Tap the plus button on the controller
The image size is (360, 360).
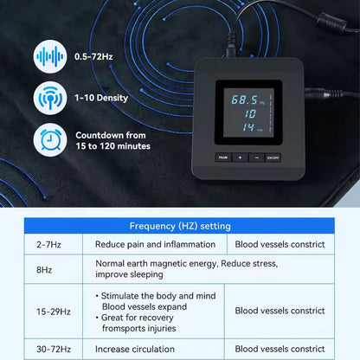(240, 157)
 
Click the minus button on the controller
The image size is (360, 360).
(257, 157)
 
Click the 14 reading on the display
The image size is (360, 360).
(247, 128)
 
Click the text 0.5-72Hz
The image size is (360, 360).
(93, 56)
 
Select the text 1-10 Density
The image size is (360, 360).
(102, 97)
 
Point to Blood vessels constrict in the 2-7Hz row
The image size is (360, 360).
(280, 244)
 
